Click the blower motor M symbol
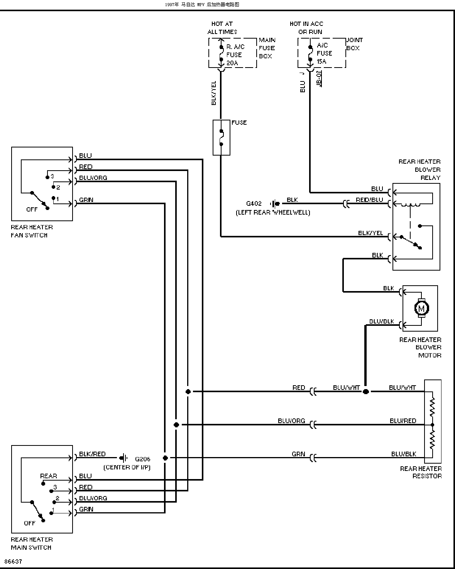421,308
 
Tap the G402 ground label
254,203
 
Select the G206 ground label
142,459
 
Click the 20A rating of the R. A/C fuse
232,63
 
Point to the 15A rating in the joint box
321,61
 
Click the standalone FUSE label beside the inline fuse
239,122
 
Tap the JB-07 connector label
319,78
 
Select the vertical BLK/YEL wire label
214,93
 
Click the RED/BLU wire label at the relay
369,200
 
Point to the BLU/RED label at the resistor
403,421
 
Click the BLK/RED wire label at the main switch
92,454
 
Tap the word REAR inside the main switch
48,476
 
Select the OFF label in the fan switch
32,209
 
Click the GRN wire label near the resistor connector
298,454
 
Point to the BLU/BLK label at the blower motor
382,321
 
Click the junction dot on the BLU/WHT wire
365,391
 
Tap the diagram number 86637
13,561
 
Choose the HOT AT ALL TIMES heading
222,28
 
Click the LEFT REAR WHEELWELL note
273,212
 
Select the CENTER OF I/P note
127,467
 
